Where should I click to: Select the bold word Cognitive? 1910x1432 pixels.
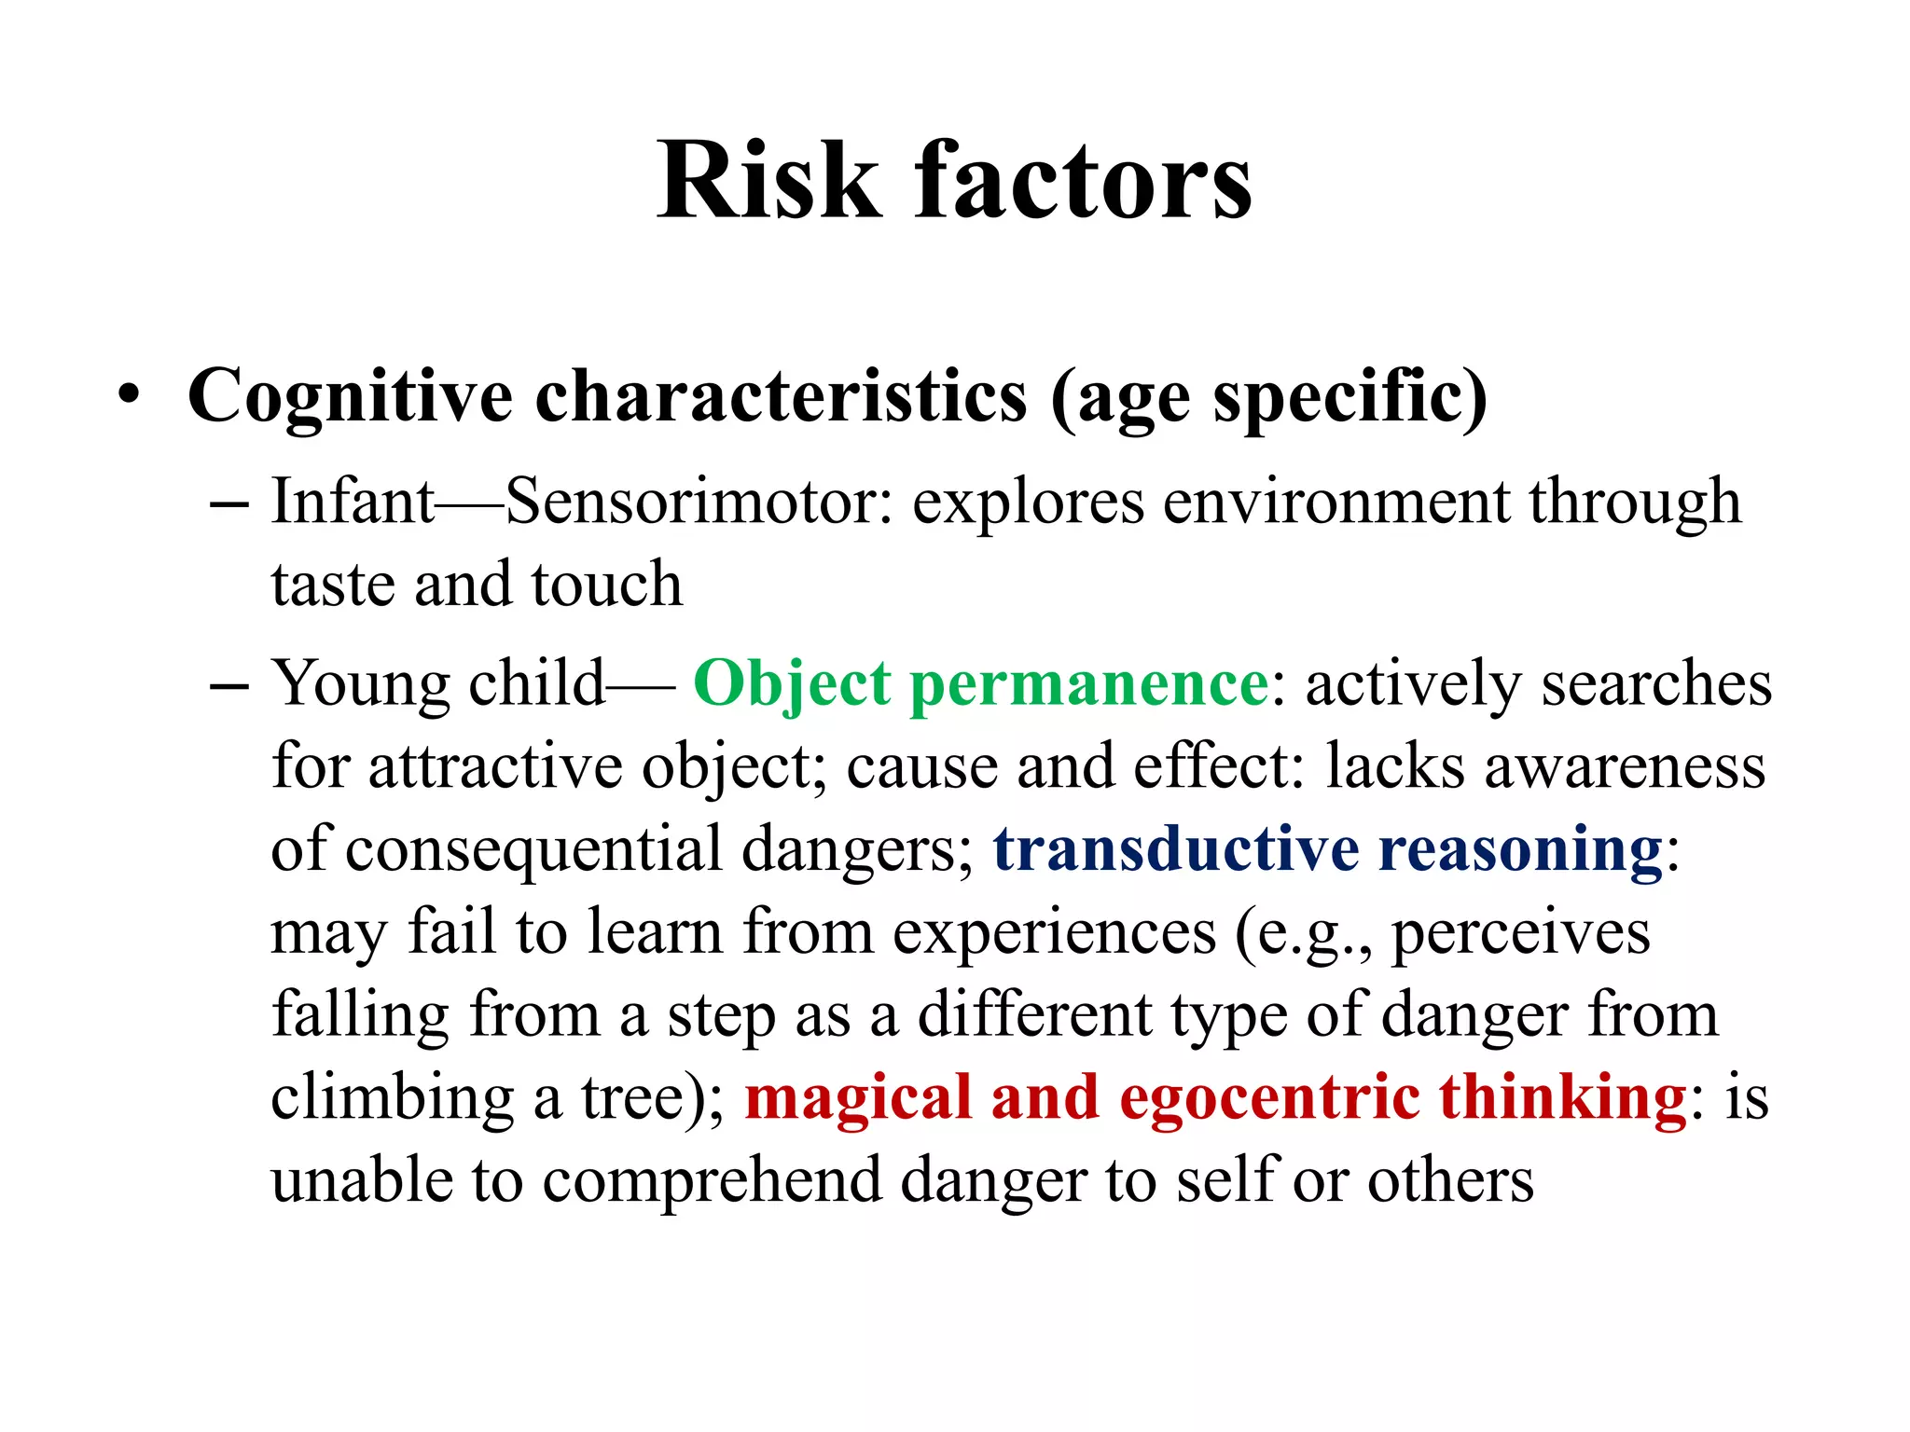tap(350, 397)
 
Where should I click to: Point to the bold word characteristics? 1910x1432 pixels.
tap(781, 397)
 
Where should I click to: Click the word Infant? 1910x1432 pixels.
tap(352, 502)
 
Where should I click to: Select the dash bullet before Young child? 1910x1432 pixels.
tap(229, 685)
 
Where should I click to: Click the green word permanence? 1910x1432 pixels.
tap(1088, 685)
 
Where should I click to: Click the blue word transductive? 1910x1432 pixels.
tap(1176, 850)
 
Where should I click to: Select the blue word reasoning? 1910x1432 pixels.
tap(1521, 850)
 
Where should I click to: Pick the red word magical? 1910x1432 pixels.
tap(858, 1097)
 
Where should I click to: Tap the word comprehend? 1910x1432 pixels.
tap(712, 1180)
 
